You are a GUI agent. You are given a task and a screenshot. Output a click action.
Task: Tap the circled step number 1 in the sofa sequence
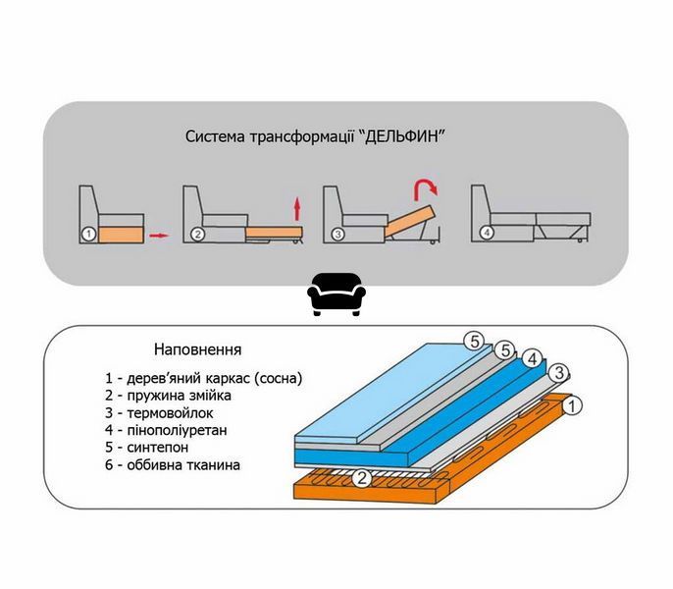(x=88, y=235)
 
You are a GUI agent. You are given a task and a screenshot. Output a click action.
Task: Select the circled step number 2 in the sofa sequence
(x=197, y=235)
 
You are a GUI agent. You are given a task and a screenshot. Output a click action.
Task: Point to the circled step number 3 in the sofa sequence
(x=337, y=235)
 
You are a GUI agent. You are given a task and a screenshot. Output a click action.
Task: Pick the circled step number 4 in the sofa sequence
(x=487, y=234)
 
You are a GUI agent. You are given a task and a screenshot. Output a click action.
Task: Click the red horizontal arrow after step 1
(x=159, y=236)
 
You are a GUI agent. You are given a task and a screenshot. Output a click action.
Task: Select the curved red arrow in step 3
(x=426, y=189)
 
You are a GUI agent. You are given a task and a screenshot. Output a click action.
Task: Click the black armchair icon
(x=336, y=294)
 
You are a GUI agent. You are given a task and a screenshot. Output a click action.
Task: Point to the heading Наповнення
(x=198, y=349)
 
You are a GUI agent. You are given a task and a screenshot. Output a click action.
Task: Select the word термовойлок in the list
(x=171, y=413)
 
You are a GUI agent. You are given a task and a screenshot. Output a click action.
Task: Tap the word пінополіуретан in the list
(x=178, y=430)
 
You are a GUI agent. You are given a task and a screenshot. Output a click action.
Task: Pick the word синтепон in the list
(x=158, y=448)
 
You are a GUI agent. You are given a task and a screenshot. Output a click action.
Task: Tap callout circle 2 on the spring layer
(x=362, y=478)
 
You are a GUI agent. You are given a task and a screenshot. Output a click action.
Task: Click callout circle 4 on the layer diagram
(x=533, y=359)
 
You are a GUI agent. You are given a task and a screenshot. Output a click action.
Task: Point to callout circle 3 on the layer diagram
(x=559, y=372)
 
